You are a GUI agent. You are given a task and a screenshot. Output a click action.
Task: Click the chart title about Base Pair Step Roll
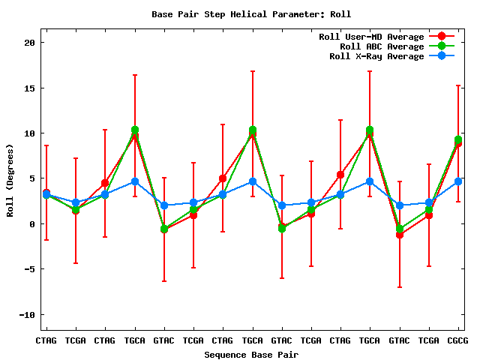(x=251, y=14)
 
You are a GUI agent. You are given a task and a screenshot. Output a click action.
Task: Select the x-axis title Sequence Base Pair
(x=251, y=354)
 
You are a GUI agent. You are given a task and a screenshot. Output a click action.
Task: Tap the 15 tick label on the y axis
(x=29, y=88)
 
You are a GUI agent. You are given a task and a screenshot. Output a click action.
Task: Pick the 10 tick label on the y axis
(x=29, y=133)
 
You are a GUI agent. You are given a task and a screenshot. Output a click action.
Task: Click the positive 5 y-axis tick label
(x=32, y=178)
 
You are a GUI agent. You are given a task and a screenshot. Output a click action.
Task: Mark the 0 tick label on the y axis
(x=32, y=224)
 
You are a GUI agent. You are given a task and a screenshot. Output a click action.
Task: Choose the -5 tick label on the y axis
(x=29, y=269)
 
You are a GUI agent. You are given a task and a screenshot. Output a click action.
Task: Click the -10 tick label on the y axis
(x=26, y=314)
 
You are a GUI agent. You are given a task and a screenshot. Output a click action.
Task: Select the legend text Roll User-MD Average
(x=371, y=37)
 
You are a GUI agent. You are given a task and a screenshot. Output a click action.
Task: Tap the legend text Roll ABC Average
(x=376, y=46)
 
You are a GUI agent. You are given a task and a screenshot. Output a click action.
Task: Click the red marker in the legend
(x=442, y=37)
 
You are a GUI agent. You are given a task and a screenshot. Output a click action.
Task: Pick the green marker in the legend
(x=442, y=46)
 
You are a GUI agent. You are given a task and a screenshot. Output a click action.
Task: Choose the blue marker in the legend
(x=442, y=56)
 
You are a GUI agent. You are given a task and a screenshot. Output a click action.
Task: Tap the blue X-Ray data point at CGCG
(x=458, y=181)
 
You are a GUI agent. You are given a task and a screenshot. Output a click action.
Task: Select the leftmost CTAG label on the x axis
(x=46, y=340)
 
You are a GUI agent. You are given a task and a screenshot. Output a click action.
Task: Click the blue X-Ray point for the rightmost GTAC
(x=400, y=205)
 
